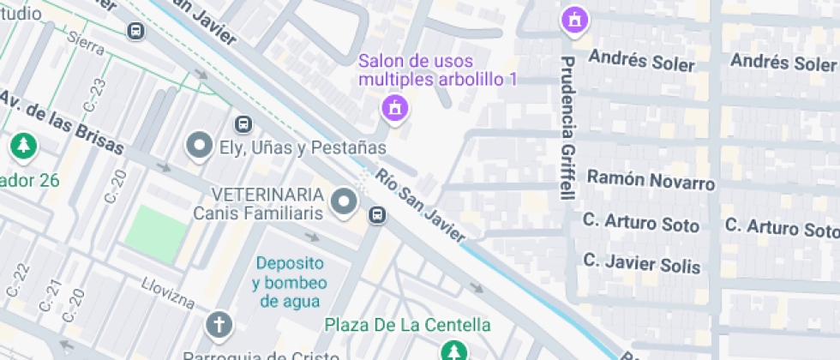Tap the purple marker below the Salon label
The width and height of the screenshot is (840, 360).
tap(394, 109)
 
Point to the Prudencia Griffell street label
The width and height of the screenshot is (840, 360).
tap(567, 128)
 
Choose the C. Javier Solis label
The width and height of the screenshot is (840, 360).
tap(642, 263)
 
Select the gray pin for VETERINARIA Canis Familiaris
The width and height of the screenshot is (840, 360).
tap(345, 202)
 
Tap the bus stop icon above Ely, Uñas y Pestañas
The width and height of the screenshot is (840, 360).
tap(244, 124)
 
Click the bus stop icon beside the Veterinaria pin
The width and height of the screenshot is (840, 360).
tap(376, 214)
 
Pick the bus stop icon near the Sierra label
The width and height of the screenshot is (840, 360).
tap(135, 31)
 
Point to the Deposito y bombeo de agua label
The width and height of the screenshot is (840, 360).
tap(288, 281)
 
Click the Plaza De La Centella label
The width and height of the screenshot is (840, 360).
tap(408, 325)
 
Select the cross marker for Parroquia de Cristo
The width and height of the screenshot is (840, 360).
tap(219, 325)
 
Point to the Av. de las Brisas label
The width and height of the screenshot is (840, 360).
tap(62, 125)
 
